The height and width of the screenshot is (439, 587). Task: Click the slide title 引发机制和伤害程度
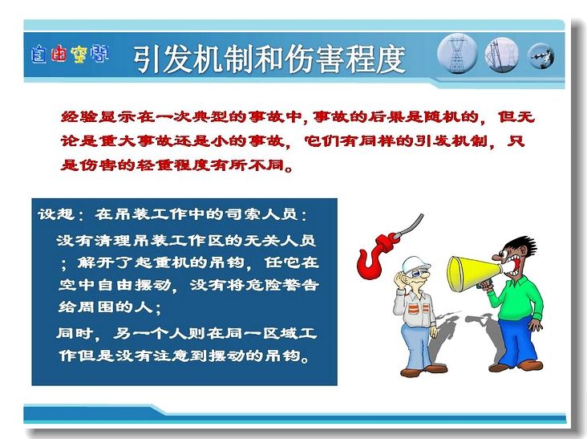coord(269,59)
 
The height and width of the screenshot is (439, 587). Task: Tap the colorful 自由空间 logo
coord(70,55)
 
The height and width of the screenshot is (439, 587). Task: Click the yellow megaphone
coord(474,274)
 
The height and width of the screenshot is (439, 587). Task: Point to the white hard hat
coord(415,264)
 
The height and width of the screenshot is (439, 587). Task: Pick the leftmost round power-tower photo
coord(457,54)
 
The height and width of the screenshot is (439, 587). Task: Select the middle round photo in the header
coord(502,55)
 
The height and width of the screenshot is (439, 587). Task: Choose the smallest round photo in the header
coord(540,56)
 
